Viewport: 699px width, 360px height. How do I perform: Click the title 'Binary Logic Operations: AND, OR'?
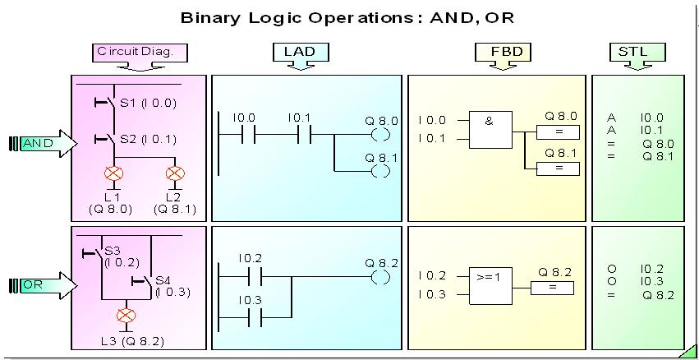coord(349,17)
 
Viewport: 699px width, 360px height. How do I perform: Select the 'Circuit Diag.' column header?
coord(140,52)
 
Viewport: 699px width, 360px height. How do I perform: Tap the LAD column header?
coord(300,52)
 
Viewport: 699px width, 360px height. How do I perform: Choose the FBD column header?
coord(503,52)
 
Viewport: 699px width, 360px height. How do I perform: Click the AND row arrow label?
coord(41,143)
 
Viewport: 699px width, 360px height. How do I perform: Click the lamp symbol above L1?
coord(113,173)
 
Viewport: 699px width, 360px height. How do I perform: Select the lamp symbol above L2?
coord(174,173)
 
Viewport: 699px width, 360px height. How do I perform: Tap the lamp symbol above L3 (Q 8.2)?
coord(125,315)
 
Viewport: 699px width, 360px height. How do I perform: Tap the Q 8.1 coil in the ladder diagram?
coord(381,170)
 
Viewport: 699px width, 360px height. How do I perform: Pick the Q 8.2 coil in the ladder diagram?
coord(381,277)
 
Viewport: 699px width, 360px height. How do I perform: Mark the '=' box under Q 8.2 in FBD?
coord(552,288)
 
